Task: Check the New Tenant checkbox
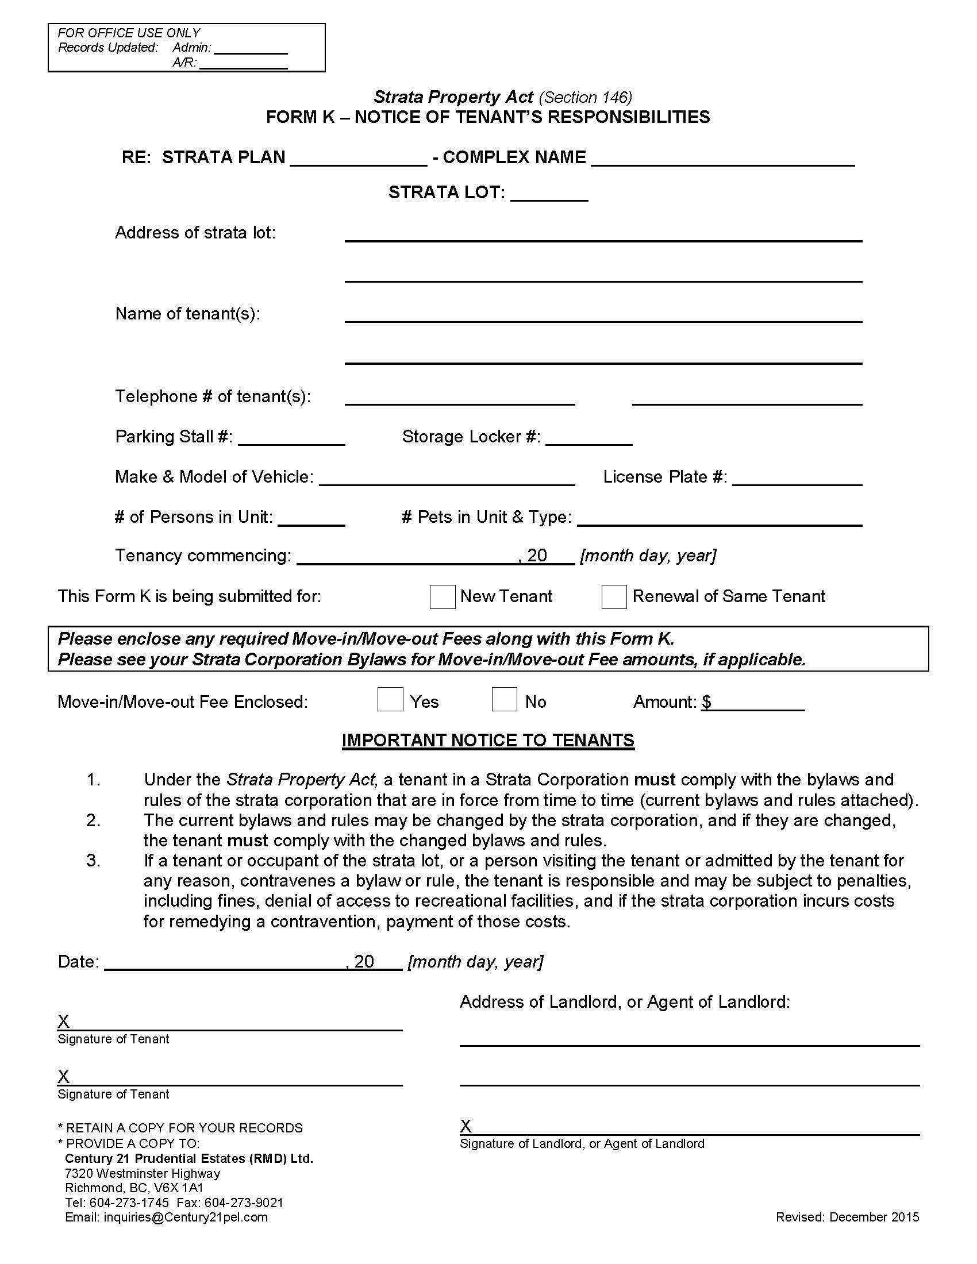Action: click(x=442, y=597)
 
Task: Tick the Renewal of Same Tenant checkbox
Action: click(x=614, y=597)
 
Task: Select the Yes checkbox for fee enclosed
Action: click(x=390, y=699)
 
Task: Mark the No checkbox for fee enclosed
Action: click(x=504, y=699)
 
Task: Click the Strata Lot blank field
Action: click(x=549, y=194)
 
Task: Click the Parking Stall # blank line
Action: click(x=292, y=438)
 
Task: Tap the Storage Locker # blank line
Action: click(x=588, y=438)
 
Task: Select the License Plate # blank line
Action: click(x=797, y=479)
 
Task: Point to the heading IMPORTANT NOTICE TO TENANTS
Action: click(x=488, y=740)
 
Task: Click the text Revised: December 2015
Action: click(x=847, y=1216)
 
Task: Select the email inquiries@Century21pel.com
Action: click(x=185, y=1216)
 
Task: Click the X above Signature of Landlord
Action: click(x=466, y=1126)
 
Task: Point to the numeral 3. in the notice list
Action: click(x=93, y=861)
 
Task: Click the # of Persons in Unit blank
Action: click(x=311, y=519)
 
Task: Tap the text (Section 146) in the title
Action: click(x=585, y=97)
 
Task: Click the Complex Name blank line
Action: click(x=722, y=159)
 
